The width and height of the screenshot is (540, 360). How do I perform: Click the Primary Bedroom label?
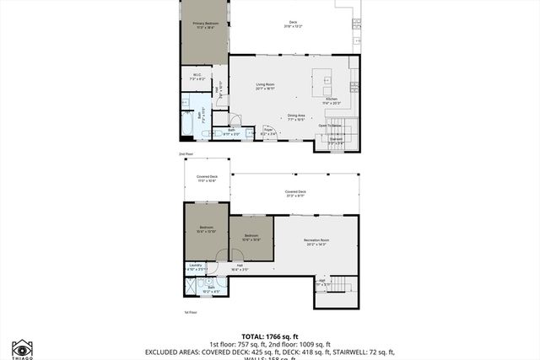point(203,24)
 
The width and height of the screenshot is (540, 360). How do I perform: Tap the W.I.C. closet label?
point(197,76)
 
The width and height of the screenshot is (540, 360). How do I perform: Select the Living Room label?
point(267,85)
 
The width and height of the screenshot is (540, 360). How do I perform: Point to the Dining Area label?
point(295,116)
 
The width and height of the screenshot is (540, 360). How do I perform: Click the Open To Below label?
point(329,126)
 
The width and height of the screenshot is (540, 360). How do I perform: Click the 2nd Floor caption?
point(186,154)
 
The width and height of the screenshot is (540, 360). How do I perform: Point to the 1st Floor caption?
point(191,312)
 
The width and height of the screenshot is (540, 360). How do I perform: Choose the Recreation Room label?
point(316,240)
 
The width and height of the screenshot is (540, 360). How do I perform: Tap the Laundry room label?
point(195,266)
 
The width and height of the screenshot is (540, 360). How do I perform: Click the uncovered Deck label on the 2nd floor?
point(293,24)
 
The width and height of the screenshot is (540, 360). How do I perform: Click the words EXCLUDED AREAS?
point(175,352)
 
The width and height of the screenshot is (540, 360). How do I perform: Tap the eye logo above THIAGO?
point(21,347)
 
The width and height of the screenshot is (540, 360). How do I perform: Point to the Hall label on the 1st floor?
point(240,267)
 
